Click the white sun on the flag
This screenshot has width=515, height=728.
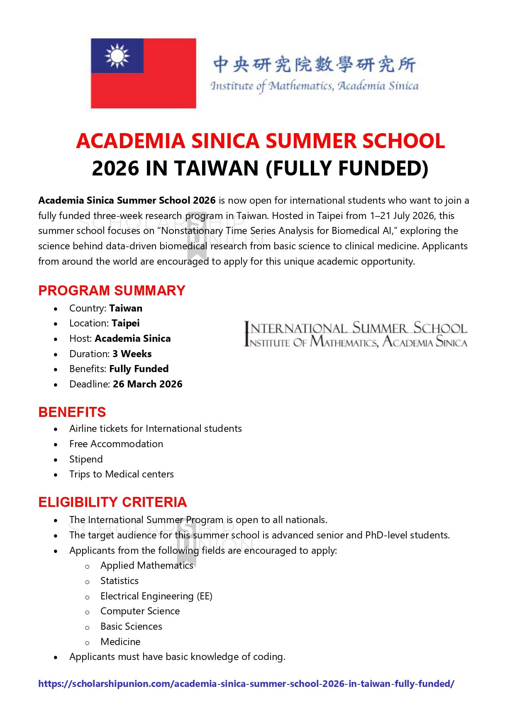click(117, 56)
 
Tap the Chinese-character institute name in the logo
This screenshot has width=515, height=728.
click(314, 64)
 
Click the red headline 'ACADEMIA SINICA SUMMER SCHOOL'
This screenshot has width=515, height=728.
click(260, 141)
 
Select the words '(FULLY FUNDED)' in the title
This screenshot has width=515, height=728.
click(347, 168)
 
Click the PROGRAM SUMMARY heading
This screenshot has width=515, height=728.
click(112, 290)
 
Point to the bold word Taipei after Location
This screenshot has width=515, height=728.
click(125, 323)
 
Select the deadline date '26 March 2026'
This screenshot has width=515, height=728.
click(147, 384)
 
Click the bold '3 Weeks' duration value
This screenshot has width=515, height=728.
click(132, 354)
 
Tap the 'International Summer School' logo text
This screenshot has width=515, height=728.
click(356, 329)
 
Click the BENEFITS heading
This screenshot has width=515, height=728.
click(72, 412)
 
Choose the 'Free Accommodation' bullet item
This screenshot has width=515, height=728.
click(116, 444)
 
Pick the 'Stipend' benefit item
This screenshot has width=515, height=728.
click(86, 459)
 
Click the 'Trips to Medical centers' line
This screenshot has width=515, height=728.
click(122, 474)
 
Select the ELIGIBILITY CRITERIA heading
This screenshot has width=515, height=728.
click(112, 502)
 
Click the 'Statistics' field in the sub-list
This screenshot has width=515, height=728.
click(120, 581)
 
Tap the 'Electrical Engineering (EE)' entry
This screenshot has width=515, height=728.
click(156, 596)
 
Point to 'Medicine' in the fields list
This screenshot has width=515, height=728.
click(120, 642)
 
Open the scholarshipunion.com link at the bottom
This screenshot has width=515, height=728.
click(246, 684)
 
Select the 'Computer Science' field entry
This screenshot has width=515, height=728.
click(140, 611)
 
